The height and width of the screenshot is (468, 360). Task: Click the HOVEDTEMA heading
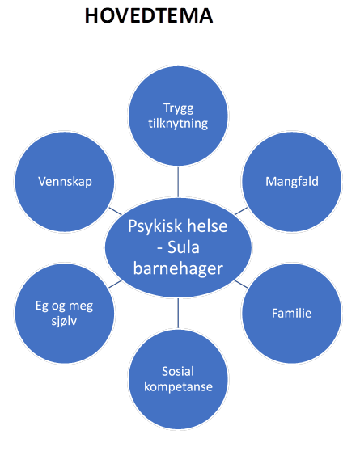[x=149, y=15]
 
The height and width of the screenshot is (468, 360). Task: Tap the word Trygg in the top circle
[x=178, y=108]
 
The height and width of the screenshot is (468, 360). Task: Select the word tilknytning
[x=178, y=124]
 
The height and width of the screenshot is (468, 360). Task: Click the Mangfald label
[x=292, y=182]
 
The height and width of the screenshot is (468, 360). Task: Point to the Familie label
[x=291, y=313]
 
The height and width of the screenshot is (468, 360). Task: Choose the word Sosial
[x=178, y=371]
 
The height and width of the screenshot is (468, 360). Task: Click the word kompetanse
[x=178, y=387]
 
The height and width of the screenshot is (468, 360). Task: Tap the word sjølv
[x=64, y=321]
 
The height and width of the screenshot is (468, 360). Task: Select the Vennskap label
[x=65, y=182]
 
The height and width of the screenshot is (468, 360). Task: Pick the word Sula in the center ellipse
[x=183, y=247]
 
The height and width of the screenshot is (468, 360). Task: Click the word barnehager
[x=178, y=268]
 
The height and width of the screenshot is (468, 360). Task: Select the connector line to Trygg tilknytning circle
[x=178, y=182]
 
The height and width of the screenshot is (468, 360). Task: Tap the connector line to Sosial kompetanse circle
[x=178, y=313]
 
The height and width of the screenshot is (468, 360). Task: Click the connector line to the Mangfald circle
[x=241, y=211]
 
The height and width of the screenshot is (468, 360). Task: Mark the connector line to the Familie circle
[x=241, y=284]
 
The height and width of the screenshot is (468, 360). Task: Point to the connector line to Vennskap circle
[x=116, y=211]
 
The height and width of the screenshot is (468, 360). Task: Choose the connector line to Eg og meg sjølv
[x=116, y=284]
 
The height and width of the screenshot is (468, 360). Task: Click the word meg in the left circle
[x=81, y=306]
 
